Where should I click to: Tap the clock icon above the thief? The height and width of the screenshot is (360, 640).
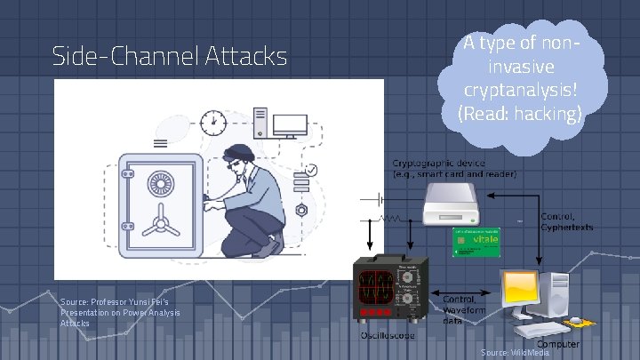pyautogui.click(x=212, y=120)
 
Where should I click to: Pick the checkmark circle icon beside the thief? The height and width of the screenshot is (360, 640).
pyautogui.click(x=311, y=170)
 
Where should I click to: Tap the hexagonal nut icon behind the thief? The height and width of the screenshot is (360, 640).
pyautogui.click(x=301, y=211)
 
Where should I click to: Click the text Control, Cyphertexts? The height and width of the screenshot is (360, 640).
pyautogui.click(x=566, y=221)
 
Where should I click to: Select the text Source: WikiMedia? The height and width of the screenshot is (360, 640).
pyautogui.click(x=515, y=353)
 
